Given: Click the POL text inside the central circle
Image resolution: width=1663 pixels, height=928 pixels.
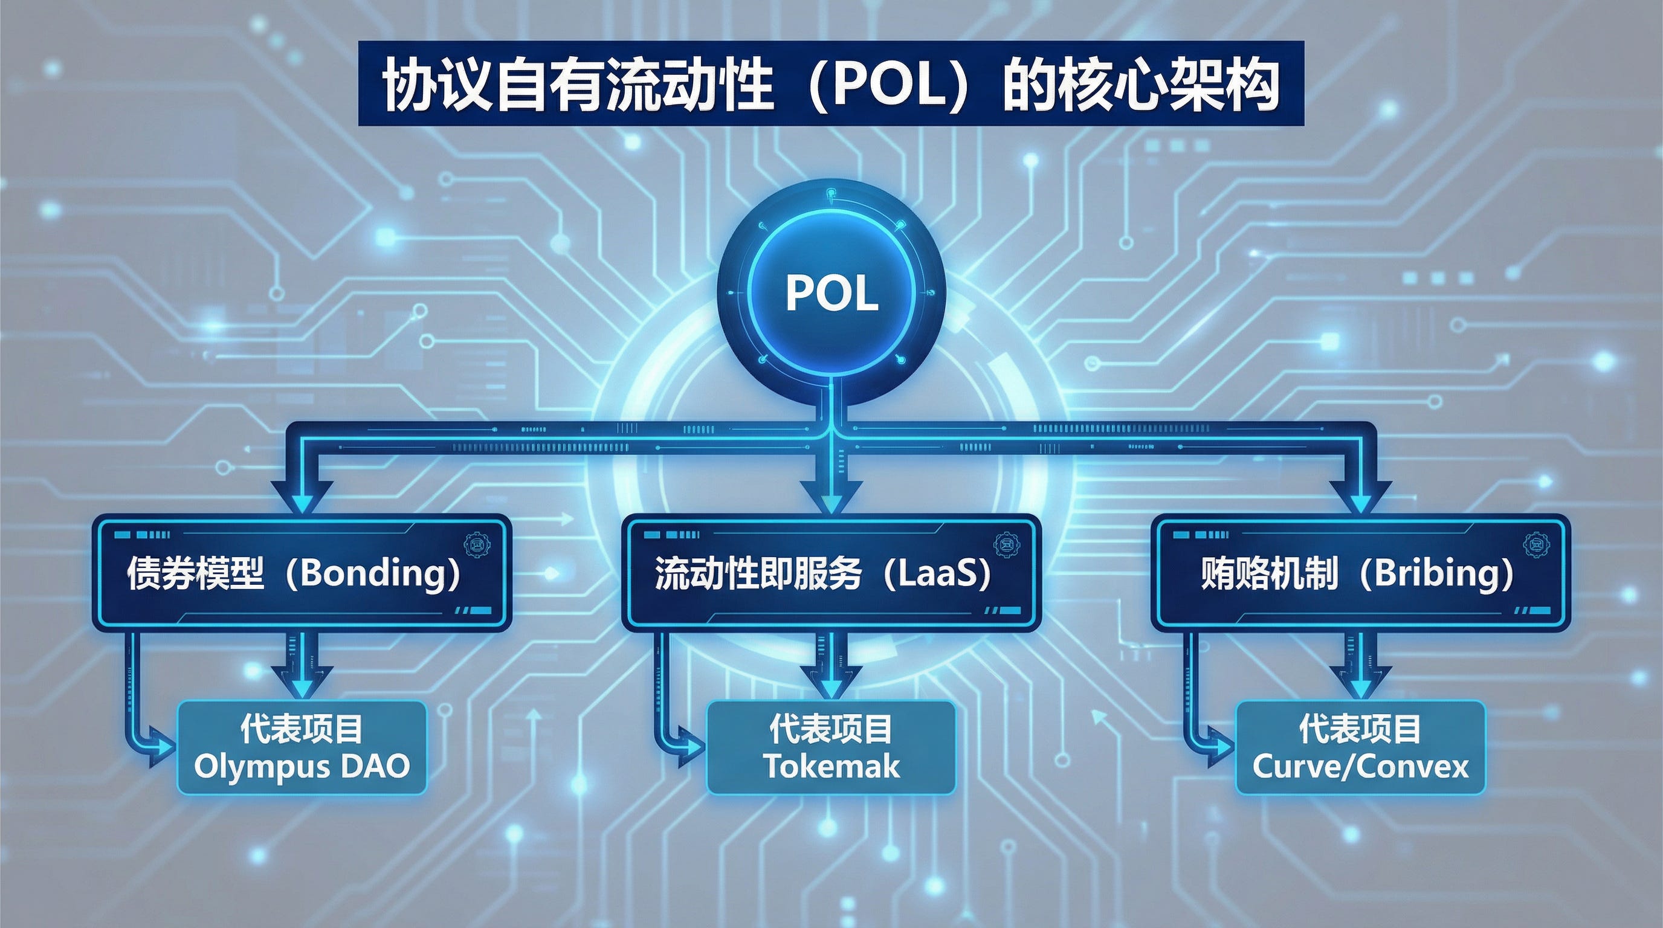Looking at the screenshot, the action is pyautogui.click(x=832, y=294).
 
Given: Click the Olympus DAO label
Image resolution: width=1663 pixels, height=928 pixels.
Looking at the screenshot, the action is pyautogui.click(x=302, y=767).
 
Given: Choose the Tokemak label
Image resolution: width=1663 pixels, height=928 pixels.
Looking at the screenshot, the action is pyautogui.click(x=832, y=767).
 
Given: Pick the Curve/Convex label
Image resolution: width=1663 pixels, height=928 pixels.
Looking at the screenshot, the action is pyautogui.click(x=1360, y=767).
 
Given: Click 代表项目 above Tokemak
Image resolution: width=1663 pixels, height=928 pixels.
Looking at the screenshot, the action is pyautogui.click(x=832, y=729).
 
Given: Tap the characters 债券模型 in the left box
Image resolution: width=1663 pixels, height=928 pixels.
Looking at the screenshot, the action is pyautogui.click(x=196, y=572).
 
